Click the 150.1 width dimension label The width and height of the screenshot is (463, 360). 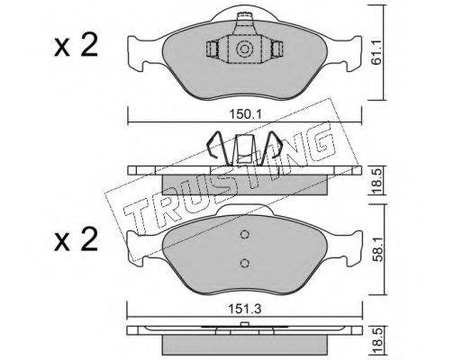246,114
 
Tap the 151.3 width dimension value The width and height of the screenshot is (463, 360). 244,309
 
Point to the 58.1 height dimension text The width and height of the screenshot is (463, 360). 376,248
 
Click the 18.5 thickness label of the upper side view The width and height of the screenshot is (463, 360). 376,181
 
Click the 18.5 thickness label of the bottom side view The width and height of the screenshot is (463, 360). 376,340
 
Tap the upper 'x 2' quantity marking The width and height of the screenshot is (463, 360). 76,45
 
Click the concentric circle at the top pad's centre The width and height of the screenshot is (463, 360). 243,49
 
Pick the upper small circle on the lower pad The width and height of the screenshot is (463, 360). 245,234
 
